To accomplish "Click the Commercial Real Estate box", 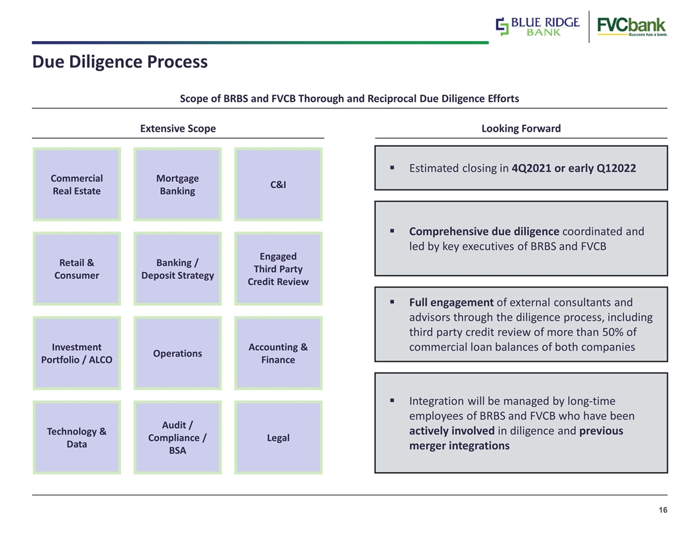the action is pos(77,185).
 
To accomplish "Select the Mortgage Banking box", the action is pos(177,185).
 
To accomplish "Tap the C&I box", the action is pos(278,185).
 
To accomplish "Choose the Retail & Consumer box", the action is pos(77,269).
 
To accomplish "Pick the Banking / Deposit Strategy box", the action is pos(177,269).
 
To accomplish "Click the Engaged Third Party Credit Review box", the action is pos(278,269).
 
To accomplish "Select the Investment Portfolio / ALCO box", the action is pos(77,353).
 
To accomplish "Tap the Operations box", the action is pos(177,353).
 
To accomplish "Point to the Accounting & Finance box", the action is pos(278,353).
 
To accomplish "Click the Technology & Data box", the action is pos(77,437).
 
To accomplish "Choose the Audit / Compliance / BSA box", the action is pos(177,437).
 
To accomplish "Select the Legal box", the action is pos(278,437).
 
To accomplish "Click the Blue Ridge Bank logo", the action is pos(537,26).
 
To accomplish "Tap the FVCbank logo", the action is pos(632,26).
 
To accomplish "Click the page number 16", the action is pos(663,510).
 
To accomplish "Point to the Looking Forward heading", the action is pos(521,128).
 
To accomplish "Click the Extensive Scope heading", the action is pos(178,128).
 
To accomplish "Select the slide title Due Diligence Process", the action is pos(120,62).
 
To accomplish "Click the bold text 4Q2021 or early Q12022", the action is pos(574,168).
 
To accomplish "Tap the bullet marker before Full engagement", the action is pos(392,302).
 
